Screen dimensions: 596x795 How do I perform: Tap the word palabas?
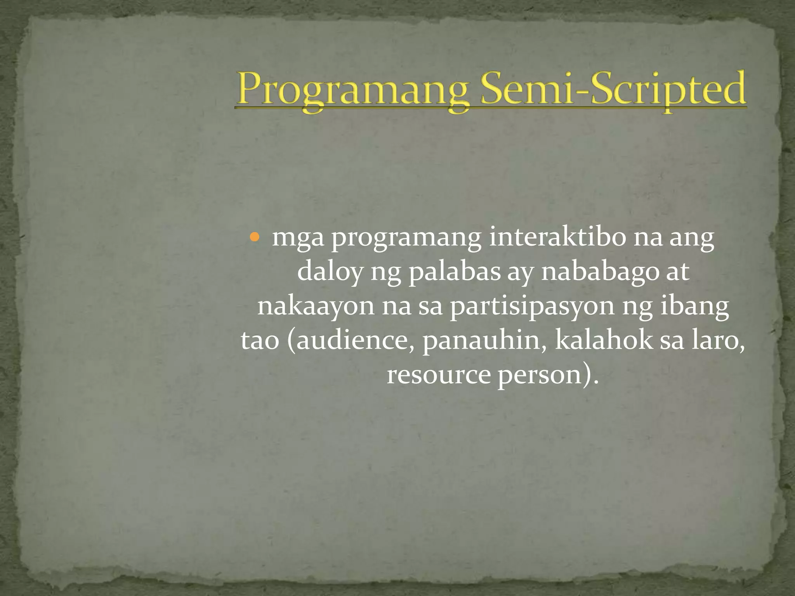pos(454,272)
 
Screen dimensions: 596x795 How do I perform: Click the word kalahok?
pos(604,340)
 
